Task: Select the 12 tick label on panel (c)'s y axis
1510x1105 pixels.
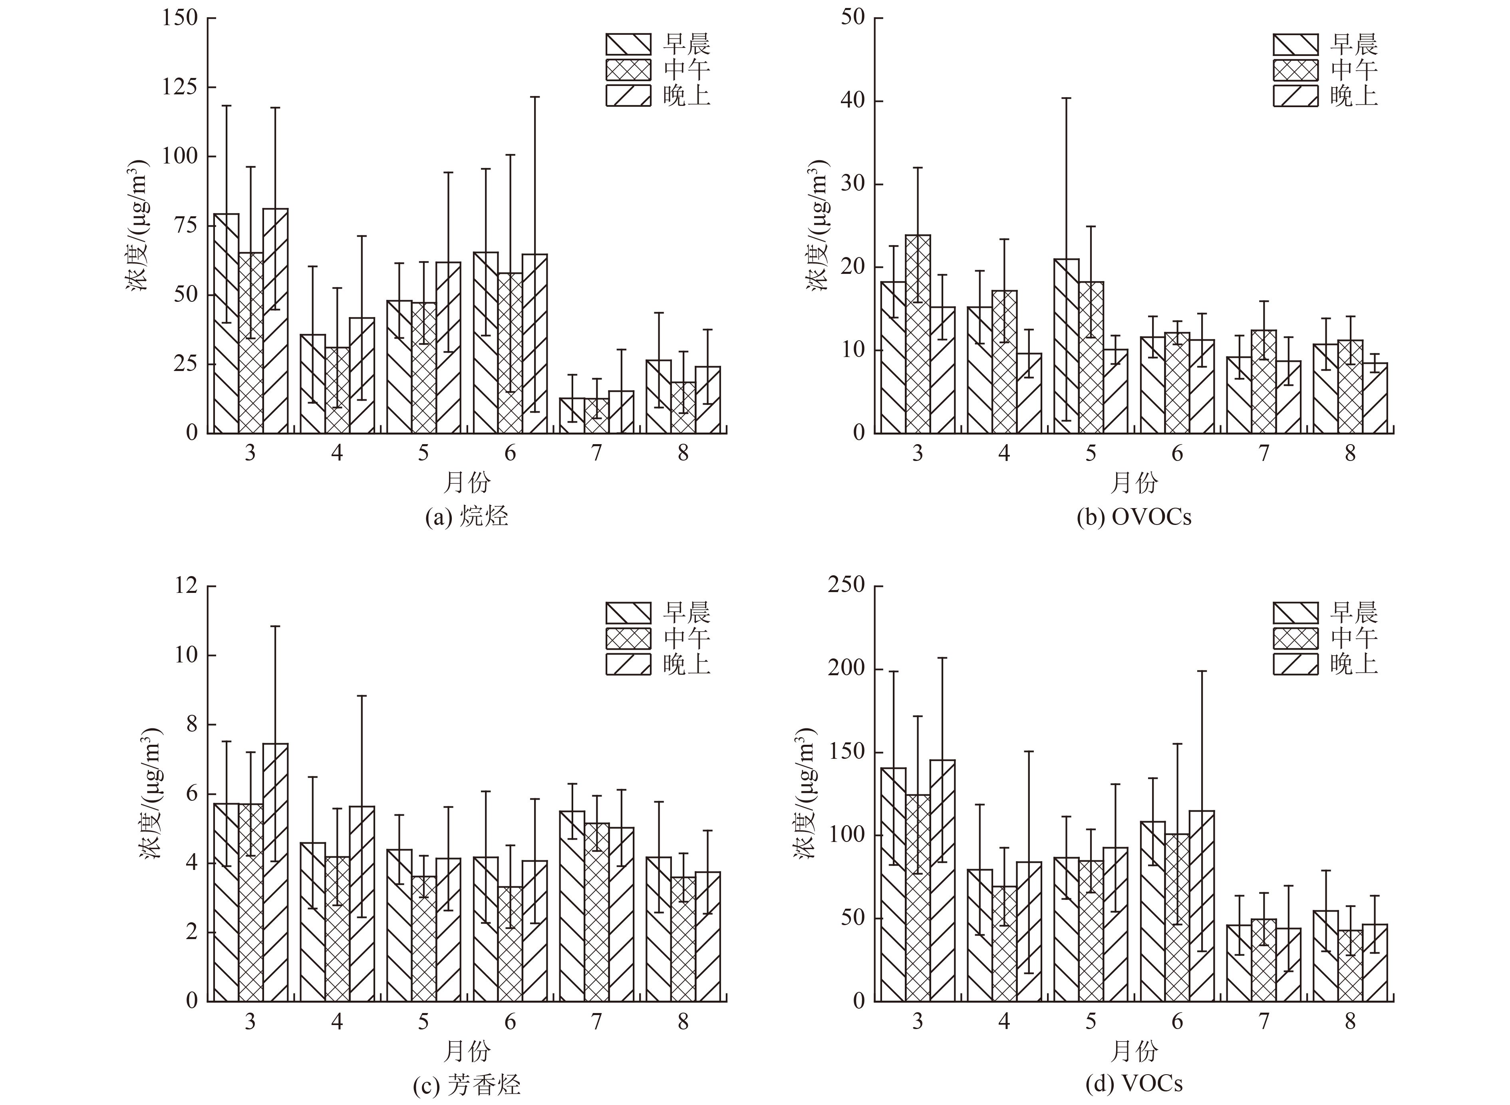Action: pos(187,586)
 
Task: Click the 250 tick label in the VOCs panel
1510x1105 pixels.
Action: pos(846,586)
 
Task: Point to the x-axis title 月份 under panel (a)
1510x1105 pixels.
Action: pos(467,482)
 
